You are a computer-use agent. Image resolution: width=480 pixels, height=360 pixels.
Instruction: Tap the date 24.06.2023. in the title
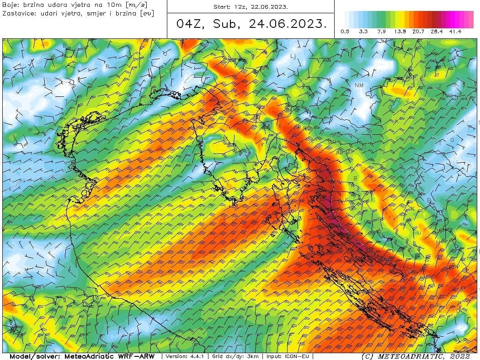tap(288, 24)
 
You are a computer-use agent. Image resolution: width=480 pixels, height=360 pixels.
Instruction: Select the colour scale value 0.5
tap(345, 32)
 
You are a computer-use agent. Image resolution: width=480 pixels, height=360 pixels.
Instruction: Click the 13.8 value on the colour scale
tap(400, 32)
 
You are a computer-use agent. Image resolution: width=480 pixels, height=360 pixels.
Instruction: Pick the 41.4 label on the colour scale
tap(455, 32)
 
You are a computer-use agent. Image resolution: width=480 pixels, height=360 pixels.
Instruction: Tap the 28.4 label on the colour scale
tap(437, 32)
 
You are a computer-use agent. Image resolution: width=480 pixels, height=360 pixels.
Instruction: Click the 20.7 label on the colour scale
tap(418, 32)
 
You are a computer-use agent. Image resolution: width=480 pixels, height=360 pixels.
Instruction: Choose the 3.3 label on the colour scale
tap(363, 32)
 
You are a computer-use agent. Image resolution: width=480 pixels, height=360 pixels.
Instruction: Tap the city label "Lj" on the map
tap(293, 56)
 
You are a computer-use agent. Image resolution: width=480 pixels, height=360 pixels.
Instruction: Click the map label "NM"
tap(359, 85)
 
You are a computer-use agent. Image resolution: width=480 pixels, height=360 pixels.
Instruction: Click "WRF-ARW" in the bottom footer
tap(135, 356)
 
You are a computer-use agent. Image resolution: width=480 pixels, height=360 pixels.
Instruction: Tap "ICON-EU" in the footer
tap(299, 356)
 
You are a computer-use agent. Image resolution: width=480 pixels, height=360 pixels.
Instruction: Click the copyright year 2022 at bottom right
tap(459, 356)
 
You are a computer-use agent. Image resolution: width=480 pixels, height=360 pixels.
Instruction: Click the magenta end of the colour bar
tap(469, 19)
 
